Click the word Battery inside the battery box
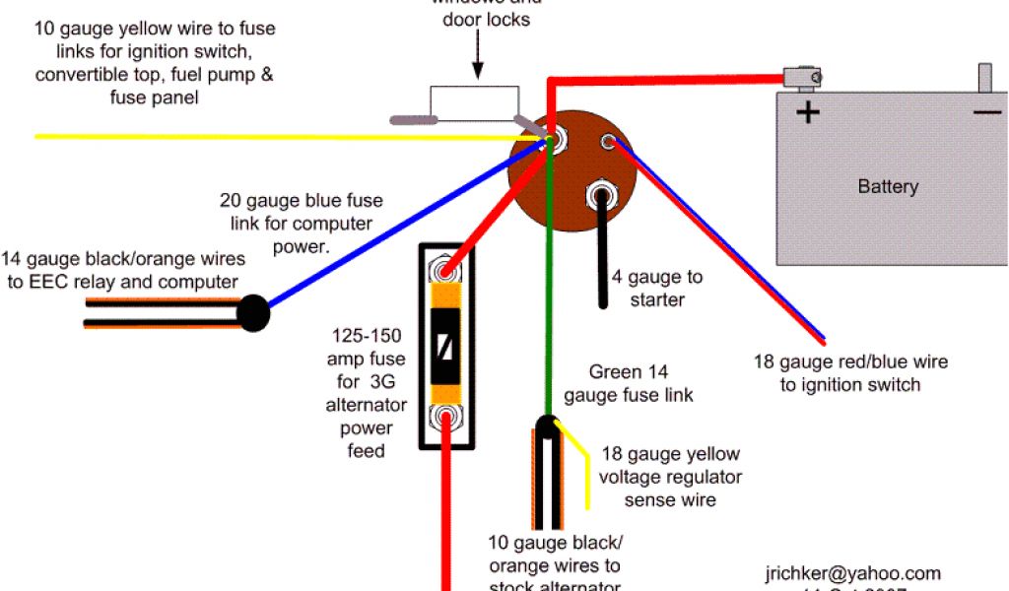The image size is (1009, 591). click(888, 186)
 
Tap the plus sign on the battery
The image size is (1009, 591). click(808, 112)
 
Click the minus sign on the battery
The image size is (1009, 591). click(986, 112)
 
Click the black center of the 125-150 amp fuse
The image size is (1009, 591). click(445, 347)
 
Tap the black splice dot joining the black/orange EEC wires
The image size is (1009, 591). click(253, 313)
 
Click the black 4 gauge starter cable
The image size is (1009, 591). click(599, 256)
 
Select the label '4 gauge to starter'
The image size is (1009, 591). click(657, 289)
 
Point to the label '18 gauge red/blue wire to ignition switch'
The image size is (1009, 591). click(850, 372)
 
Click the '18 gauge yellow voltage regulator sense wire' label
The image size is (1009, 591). click(669, 477)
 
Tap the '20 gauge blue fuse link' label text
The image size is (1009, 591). click(301, 223)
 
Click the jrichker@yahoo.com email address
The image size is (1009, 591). click(852, 573)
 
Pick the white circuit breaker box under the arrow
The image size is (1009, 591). click(474, 102)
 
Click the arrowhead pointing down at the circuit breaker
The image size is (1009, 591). click(477, 72)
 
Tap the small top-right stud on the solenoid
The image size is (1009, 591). click(610, 142)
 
